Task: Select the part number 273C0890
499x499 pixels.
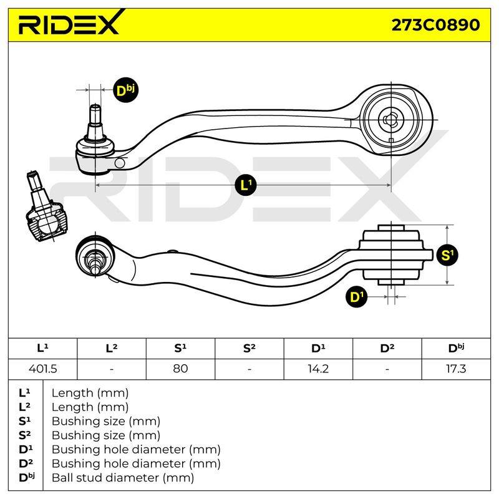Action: (x=435, y=25)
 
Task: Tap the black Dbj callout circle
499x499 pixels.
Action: (x=126, y=90)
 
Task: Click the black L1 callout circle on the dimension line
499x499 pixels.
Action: (x=246, y=185)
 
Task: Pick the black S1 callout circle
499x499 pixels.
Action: (x=448, y=255)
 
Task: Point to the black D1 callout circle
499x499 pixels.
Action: (x=356, y=297)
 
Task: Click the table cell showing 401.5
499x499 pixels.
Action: (x=42, y=369)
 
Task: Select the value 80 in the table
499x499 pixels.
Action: (x=180, y=369)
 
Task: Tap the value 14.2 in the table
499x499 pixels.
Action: (x=318, y=369)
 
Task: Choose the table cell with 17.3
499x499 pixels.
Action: (x=456, y=369)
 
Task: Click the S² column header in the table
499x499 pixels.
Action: (x=249, y=349)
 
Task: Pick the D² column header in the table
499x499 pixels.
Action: (x=387, y=349)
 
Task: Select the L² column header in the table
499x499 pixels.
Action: (x=112, y=349)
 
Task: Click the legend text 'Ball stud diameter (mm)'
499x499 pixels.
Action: (x=123, y=478)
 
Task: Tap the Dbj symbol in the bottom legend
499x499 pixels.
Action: (x=27, y=477)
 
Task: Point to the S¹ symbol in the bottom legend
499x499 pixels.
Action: (x=26, y=421)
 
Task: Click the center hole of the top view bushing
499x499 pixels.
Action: (x=391, y=120)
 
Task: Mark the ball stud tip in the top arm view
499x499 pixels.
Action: (x=95, y=106)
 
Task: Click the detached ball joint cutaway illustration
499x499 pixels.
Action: (x=46, y=206)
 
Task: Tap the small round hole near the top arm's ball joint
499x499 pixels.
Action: (x=120, y=163)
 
